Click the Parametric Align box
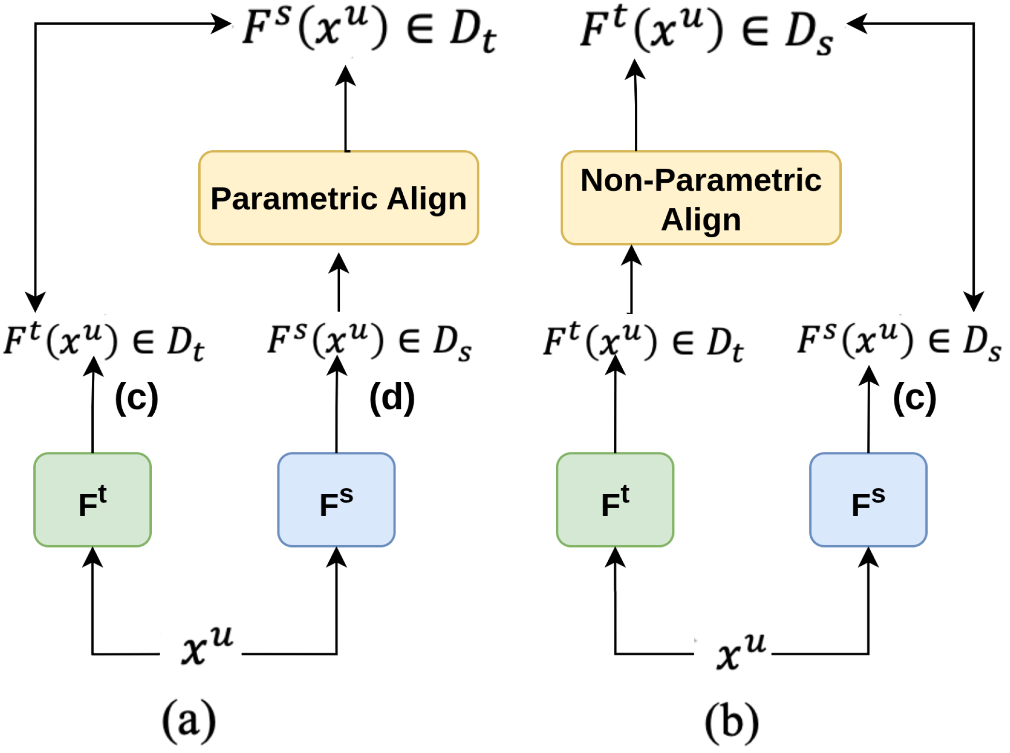click(x=338, y=198)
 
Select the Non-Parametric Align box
click(x=701, y=198)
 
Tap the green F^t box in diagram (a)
click(x=92, y=500)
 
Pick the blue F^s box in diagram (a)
click(x=337, y=500)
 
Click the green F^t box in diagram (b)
click(x=615, y=500)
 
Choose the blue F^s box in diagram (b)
click(x=868, y=500)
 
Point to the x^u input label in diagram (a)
click(x=206, y=647)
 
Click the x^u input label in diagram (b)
click(x=741, y=651)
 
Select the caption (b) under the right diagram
click(x=732, y=722)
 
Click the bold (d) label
click(x=392, y=398)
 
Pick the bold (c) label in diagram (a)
click(x=136, y=398)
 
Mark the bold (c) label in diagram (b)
click(x=914, y=398)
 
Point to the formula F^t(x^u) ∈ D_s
click(x=706, y=30)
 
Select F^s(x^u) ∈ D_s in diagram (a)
click(x=369, y=341)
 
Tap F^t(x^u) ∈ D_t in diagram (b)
click(x=643, y=341)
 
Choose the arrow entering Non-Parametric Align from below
click(x=631, y=279)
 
